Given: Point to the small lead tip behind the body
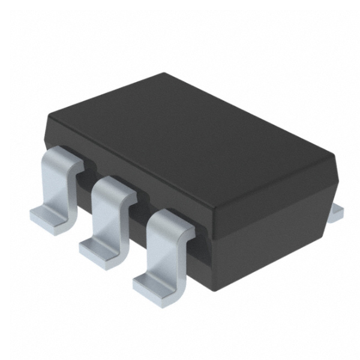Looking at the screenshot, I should [337, 207].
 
